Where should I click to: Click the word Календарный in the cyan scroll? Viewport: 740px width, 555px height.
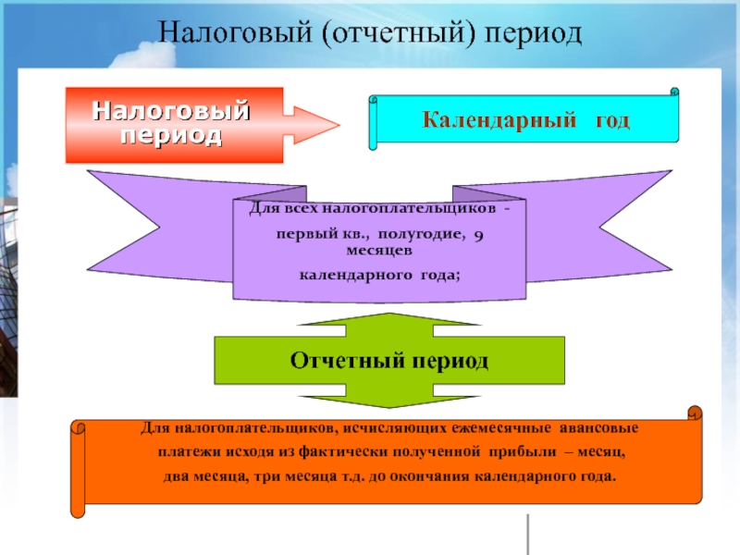click(489, 121)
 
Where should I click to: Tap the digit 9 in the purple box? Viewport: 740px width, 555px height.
click(477, 237)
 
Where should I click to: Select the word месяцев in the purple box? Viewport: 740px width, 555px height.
click(379, 251)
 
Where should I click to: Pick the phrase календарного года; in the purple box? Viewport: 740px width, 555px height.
click(379, 276)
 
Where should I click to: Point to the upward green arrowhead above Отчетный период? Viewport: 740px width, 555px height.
click(390, 320)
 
